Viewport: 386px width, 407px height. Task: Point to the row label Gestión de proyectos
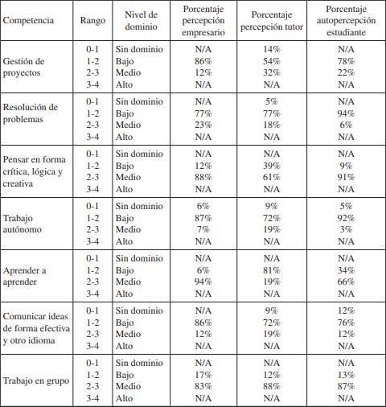[x=25, y=67]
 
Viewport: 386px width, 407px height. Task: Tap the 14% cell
[x=272, y=49]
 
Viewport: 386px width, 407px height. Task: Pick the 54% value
[x=272, y=61]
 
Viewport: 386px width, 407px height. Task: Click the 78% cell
[x=346, y=61]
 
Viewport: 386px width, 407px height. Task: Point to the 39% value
[x=272, y=166]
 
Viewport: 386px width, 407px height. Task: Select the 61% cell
[x=272, y=177]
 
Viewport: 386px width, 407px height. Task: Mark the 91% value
[x=346, y=177]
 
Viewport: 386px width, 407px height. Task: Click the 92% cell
[x=346, y=218]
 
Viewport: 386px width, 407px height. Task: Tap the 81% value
[x=272, y=270]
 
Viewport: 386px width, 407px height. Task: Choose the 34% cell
[x=346, y=270]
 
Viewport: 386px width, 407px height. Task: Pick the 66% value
[x=346, y=282]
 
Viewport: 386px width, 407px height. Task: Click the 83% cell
[x=203, y=386]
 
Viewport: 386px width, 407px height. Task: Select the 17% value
[x=203, y=374]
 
